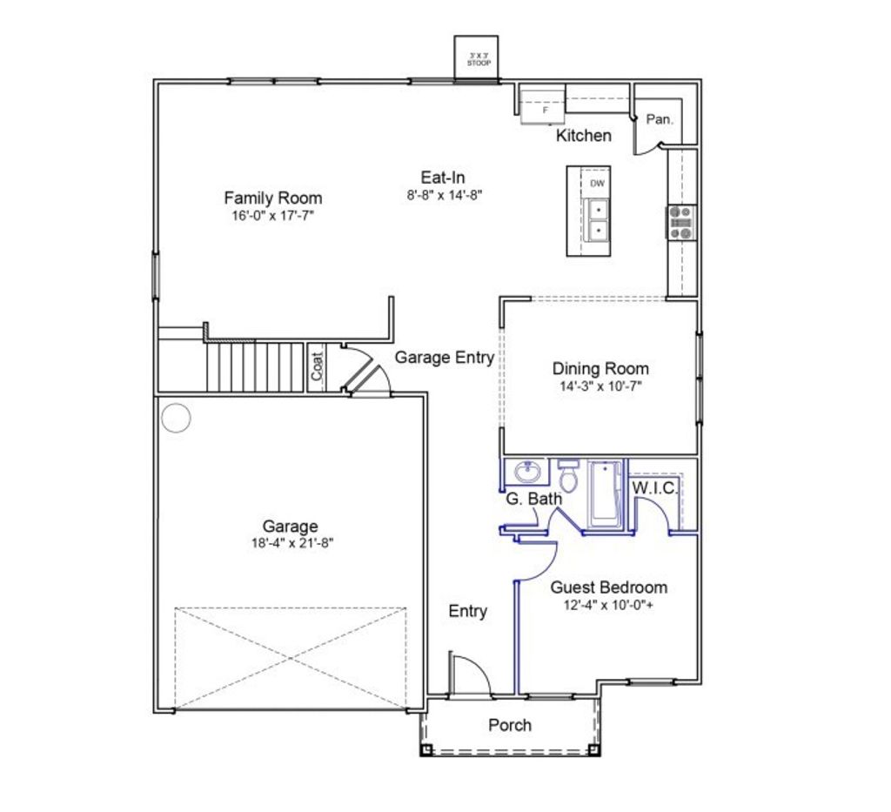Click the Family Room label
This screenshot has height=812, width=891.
272,198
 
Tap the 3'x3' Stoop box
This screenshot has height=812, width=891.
477,58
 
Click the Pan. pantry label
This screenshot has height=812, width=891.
659,120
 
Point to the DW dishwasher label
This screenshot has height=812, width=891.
597,184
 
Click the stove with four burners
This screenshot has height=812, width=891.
681,222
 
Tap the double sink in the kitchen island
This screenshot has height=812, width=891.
598,220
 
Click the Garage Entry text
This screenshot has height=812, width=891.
444,357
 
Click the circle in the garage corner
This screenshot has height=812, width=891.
176,418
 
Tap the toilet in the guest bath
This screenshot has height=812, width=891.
569,477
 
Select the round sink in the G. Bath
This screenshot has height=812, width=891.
526,473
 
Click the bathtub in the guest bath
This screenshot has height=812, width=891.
606,494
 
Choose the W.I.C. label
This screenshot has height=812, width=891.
654,488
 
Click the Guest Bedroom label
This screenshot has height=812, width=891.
608,587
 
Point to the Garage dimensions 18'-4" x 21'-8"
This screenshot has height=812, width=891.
291,542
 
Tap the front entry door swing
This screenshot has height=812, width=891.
470,674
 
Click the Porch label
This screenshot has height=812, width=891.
509,725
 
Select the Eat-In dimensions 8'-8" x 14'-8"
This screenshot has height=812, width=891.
444,196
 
